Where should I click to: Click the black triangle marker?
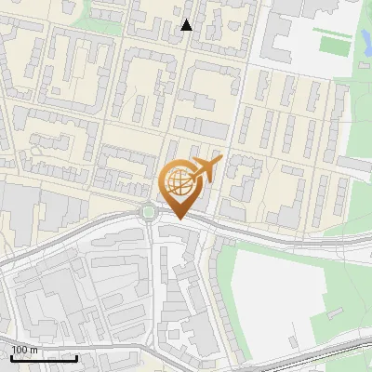point(187,25)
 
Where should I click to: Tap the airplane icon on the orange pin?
point(206,169)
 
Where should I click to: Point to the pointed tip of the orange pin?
point(179,219)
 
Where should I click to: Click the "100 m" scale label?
point(25,351)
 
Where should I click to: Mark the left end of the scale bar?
point(11,357)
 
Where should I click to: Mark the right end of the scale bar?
point(76,357)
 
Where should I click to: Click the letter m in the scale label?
point(33,351)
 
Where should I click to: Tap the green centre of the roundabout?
point(149,213)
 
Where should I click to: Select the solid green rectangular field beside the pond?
point(332,44)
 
